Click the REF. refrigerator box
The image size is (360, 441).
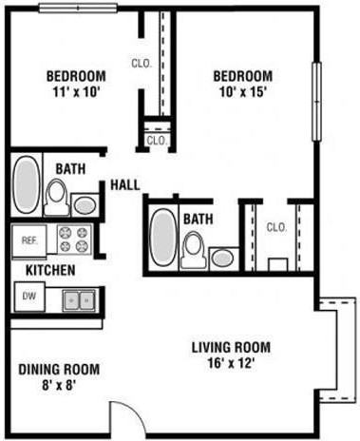point(28,240)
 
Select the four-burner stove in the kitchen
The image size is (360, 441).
point(72,238)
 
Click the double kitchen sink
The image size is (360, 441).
point(78,299)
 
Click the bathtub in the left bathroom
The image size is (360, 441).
point(26,185)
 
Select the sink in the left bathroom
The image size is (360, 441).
point(84,204)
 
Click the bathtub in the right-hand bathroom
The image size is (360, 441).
point(163,238)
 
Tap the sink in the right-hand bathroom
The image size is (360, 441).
point(224,258)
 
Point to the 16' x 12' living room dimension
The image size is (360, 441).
point(232,362)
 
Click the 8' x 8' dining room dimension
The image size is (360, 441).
point(57,385)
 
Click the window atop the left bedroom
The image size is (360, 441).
point(77,8)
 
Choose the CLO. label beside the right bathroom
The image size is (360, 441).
point(276,227)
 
